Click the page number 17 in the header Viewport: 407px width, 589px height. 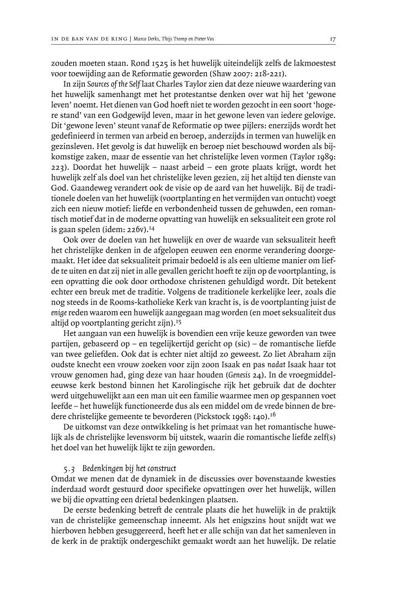pyautogui.click(x=333, y=39)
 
